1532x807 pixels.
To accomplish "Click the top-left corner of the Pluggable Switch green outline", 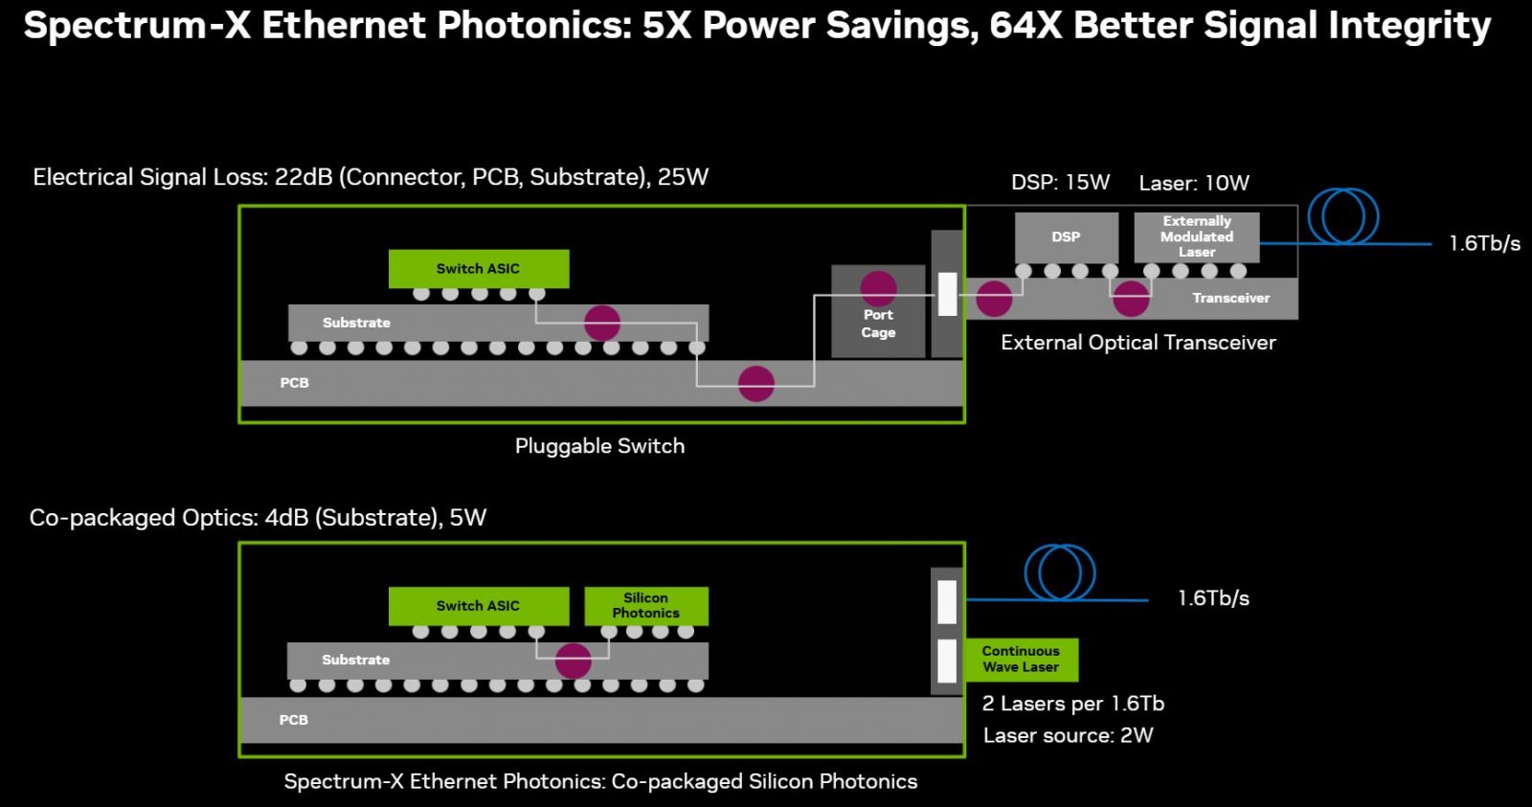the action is [239, 206].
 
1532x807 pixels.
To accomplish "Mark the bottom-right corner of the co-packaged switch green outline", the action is [965, 756].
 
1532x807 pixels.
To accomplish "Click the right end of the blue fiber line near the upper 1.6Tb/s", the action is [1431, 243].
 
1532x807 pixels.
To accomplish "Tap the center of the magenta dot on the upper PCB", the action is [755, 383].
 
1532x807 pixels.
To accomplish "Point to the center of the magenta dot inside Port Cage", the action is [878, 288].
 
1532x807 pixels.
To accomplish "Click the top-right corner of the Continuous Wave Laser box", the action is [1078, 639].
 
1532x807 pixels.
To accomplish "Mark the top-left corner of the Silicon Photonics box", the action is [585, 587].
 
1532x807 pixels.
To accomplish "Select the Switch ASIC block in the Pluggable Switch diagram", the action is [479, 269].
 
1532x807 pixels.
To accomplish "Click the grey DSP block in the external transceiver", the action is [1067, 237].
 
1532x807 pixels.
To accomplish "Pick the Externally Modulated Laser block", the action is [1197, 236].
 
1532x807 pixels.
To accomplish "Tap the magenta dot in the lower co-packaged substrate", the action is [574, 661].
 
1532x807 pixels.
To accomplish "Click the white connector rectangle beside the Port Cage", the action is [947, 294].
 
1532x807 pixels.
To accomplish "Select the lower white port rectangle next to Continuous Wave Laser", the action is [947, 661].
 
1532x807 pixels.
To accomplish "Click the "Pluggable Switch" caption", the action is [599, 447].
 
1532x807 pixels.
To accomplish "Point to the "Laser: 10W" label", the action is [1194, 183].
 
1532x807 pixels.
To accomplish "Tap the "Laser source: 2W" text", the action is [1069, 736].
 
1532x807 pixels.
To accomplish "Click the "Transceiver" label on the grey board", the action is [1231, 298].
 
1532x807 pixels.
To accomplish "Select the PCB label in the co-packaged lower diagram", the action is [293, 720].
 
